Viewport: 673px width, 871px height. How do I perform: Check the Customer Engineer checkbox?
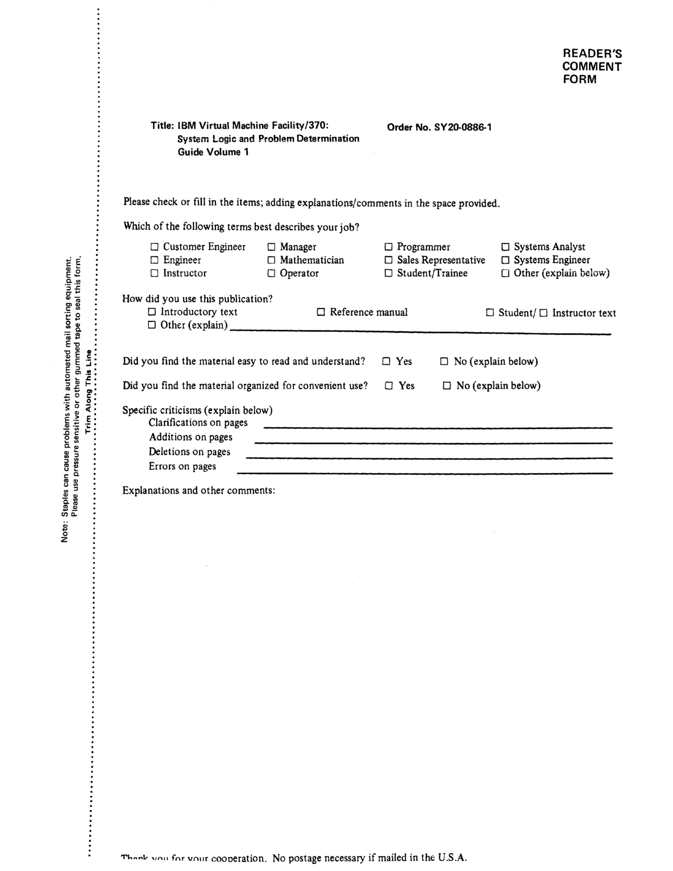[x=154, y=247]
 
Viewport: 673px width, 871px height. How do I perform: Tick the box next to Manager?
[x=271, y=247]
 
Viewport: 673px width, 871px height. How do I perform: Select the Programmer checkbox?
[x=388, y=247]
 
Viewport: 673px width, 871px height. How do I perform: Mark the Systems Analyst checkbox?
[x=505, y=247]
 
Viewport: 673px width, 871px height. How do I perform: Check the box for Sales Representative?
[x=388, y=260]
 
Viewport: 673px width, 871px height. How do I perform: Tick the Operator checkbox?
[x=271, y=273]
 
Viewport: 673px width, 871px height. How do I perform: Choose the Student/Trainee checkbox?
[x=388, y=273]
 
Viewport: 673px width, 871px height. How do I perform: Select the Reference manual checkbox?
[x=321, y=312]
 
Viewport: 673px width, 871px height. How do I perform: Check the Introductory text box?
[x=152, y=312]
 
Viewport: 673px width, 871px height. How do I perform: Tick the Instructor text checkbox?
[x=543, y=313]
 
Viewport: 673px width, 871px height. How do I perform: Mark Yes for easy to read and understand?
[x=386, y=362]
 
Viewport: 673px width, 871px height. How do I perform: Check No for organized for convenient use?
[x=447, y=386]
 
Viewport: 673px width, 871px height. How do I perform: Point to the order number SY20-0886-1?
[x=463, y=128]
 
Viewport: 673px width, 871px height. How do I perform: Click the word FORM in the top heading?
[x=580, y=79]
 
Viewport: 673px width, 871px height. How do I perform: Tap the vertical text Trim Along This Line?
[x=89, y=392]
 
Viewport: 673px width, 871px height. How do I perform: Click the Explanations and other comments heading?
[x=199, y=490]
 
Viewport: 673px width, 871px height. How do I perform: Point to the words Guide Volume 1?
[x=213, y=152]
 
